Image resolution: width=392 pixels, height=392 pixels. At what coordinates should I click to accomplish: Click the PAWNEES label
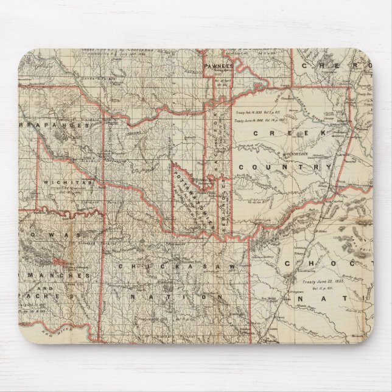219,66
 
